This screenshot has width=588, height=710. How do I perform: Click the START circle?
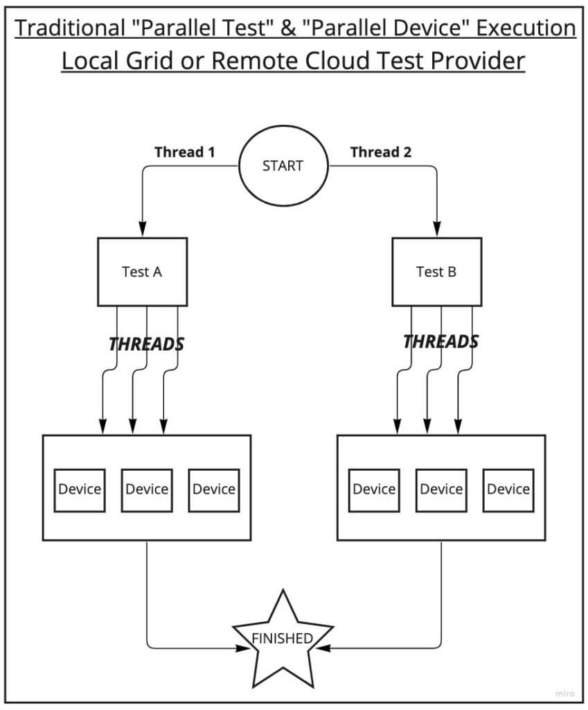click(283, 166)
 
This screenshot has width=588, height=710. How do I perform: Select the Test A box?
click(142, 272)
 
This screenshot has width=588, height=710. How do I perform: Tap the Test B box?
click(436, 272)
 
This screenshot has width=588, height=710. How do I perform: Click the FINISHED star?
click(282, 639)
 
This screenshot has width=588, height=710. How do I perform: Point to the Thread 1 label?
click(185, 152)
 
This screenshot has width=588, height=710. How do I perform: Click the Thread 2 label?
click(381, 152)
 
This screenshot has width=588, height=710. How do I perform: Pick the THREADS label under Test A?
click(147, 344)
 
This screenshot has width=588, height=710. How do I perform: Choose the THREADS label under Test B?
click(441, 342)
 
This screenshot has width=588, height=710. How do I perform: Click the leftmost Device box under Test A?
click(80, 489)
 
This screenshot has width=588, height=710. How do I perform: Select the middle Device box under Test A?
click(147, 489)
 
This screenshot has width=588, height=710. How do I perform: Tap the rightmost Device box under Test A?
click(214, 489)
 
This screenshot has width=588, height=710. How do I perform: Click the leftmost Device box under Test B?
click(374, 489)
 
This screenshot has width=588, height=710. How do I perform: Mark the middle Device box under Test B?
click(441, 489)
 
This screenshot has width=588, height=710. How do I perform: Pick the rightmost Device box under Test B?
click(508, 489)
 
